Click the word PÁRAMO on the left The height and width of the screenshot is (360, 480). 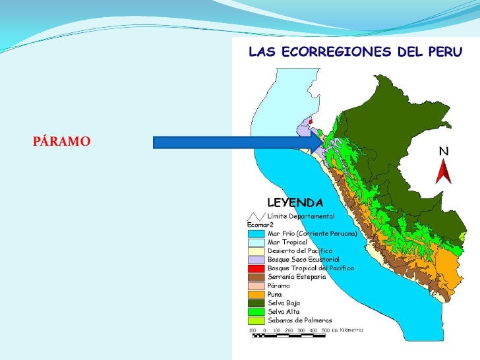61,142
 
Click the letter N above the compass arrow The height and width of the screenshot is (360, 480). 444,151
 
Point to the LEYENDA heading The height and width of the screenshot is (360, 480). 295,202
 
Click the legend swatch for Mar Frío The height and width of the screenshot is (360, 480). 256,233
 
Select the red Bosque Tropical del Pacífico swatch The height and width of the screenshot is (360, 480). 256,268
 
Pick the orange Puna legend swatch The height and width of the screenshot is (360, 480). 256,294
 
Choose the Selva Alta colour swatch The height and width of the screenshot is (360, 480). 256,311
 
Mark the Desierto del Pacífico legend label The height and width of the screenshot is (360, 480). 300,251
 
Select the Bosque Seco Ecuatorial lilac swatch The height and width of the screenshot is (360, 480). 256,260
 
